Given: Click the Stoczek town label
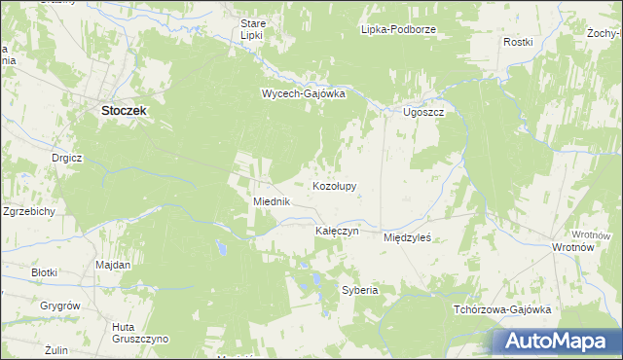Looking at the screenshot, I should pyautogui.click(x=124, y=111).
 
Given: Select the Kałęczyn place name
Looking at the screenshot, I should pyautogui.click(x=337, y=232).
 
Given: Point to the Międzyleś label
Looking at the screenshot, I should pyautogui.click(x=407, y=236).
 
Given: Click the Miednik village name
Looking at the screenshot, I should pyautogui.click(x=272, y=201).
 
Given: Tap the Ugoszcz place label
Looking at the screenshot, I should pyautogui.click(x=423, y=113).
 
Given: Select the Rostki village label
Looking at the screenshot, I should pyautogui.click(x=517, y=42).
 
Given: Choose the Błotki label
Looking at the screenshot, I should pyautogui.click(x=45, y=272).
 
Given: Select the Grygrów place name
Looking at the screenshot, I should pyautogui.click(x=59, y=306).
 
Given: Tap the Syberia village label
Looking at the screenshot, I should pyautogui.click(x=359, y=290).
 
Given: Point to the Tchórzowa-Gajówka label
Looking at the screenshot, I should pyautogui.click(x=502, y=309).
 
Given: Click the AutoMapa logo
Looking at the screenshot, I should pyautogui.click(x=557, y=342).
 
